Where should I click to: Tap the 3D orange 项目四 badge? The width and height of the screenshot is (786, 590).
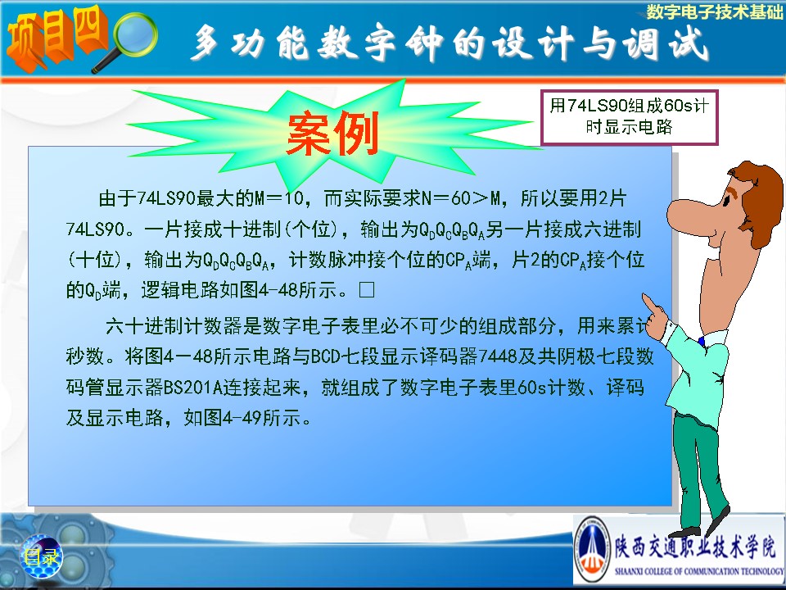point(56,38)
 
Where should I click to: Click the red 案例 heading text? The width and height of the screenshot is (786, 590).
point(332,134)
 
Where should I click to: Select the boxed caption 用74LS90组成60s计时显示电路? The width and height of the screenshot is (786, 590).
point(629,117)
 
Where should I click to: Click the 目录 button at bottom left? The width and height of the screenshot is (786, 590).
point(41,556)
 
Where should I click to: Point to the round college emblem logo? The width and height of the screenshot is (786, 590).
point(592,549)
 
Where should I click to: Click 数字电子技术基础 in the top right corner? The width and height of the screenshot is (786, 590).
point(714,12)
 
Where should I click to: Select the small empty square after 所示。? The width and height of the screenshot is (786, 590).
point(367,290)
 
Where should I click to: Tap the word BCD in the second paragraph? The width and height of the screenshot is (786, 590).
point(326,356)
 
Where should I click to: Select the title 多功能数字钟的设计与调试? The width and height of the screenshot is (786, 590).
point(449,43)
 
